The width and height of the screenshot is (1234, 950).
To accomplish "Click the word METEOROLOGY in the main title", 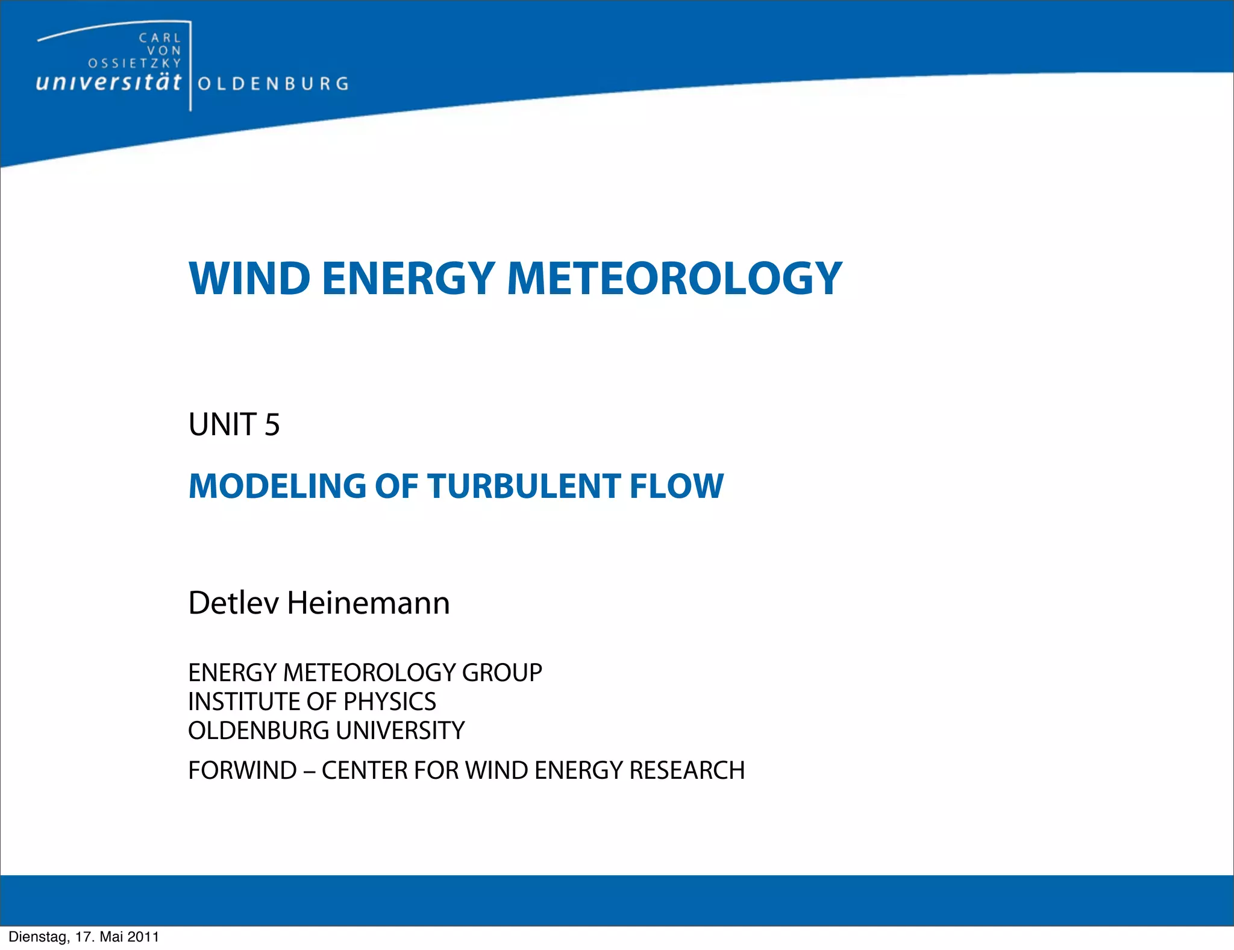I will [674, 278].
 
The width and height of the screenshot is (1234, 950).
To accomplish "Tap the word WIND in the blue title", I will [249, 278].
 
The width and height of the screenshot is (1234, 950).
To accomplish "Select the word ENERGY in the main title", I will [409, 278].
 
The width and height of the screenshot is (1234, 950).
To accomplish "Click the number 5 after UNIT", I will [272, 424].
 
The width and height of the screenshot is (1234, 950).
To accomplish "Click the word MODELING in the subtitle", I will [277, 486].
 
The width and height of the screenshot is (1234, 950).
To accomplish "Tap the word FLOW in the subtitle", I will [676, 486].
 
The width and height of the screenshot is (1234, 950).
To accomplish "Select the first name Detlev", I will [233, 603].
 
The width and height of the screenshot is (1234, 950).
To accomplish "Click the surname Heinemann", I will [368, 603].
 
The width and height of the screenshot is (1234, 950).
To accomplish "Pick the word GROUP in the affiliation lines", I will [502, 673].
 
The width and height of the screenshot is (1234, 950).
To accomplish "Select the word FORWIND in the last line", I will [242, 770].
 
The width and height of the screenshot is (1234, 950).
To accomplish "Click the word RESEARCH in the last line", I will [687, 770].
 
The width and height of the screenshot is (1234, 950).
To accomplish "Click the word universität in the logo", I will [108, 83].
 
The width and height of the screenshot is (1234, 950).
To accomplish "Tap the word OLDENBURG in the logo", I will [273, 84].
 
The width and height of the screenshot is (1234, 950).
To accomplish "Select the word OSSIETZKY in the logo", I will [134, 63].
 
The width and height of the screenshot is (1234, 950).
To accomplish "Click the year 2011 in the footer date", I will [143, 937].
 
